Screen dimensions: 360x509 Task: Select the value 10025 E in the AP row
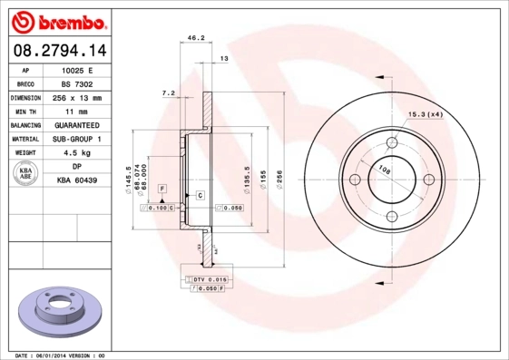78,70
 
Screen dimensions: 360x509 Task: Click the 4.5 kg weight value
77,153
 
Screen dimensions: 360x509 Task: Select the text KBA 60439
77,181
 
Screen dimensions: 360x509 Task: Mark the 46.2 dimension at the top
193,37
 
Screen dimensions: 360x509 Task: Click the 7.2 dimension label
167,92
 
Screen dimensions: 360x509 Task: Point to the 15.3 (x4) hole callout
426,114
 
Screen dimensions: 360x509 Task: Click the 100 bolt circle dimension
384,170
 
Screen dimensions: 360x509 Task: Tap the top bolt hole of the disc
392,142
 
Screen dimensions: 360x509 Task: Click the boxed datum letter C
199,196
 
